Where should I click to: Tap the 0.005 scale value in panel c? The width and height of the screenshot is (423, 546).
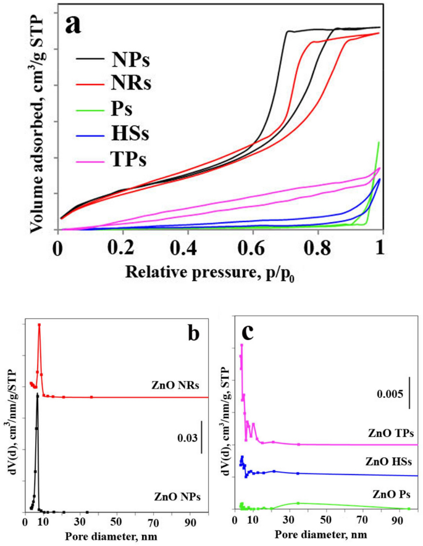[x=389, y=394]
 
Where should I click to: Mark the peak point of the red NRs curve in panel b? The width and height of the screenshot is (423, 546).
[x=39, y=325]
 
